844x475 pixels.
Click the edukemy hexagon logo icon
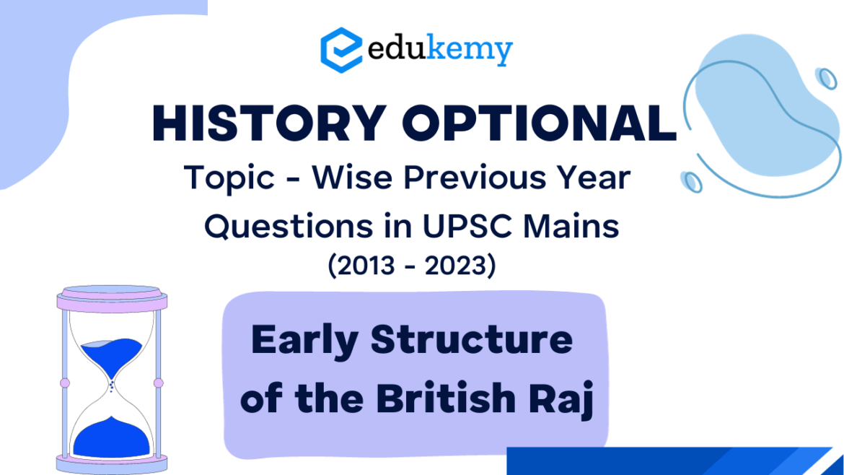[x=341, y=49]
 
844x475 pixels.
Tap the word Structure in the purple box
[x=472, y=341]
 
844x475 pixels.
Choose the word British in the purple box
[x=444, y=398]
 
